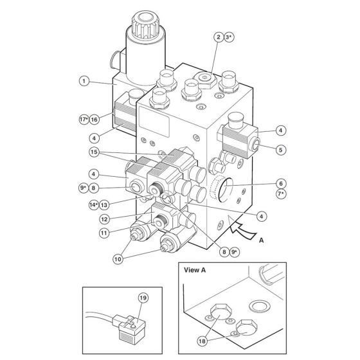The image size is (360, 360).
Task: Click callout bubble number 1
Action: [x=83, y=81]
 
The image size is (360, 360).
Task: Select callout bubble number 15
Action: [x=94, y=152]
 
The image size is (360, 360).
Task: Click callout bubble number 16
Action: [x=94, y=119]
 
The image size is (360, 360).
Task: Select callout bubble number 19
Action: [x=143, y=298]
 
